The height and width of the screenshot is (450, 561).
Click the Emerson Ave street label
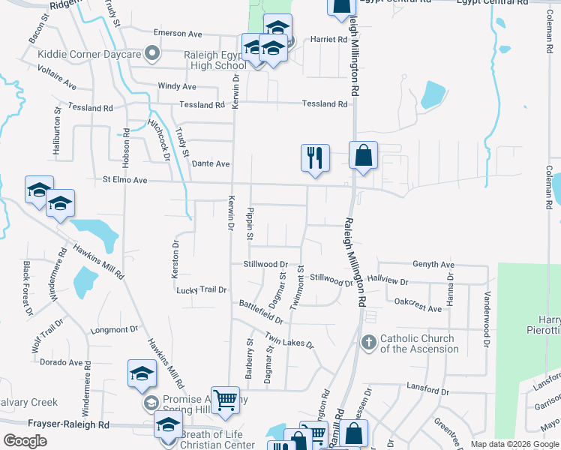click(x=178, y=34)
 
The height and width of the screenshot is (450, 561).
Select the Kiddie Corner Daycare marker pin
click(x=152, y=53)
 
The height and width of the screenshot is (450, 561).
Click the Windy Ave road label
click(x=177, y=87)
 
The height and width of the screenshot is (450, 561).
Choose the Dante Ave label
click(x=211, y=163)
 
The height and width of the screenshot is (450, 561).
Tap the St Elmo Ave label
click(x=126, y=180)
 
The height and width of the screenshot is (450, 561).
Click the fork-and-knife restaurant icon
click(x=315, y=157)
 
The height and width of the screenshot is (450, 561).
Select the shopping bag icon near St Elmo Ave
click(x=363, y=156)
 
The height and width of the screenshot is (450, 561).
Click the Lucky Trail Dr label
click(x=201, y=289)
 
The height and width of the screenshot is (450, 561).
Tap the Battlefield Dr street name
click(x=261, y=312)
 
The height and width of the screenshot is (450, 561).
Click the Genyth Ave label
click(x=433, y=265)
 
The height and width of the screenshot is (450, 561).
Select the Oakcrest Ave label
click(x=418, y=307)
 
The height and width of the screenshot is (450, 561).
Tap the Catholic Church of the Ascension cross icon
click(x=368, y=343)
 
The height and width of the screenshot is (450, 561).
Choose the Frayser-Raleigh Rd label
click(x=68, y=424)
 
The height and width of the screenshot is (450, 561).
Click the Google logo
click(x=25, y=441)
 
